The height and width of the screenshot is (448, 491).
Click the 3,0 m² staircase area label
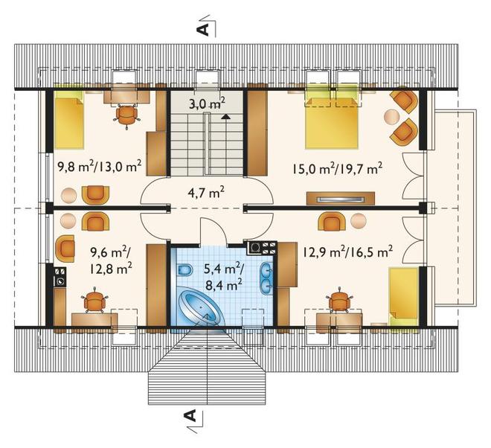(x=207, y=103)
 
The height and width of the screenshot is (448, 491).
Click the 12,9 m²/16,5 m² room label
(x=348, y=251)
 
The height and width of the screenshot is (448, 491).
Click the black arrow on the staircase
(x=225, y=117)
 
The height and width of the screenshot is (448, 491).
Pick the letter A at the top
(x=202, y=29)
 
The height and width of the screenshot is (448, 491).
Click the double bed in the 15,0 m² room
(x=332, y=123)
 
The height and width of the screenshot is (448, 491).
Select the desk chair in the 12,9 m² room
(x=339, y=301)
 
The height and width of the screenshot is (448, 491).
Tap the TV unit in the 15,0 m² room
(x=341, y=198)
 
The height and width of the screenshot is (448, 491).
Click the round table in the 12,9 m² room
(x=359, y=221)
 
